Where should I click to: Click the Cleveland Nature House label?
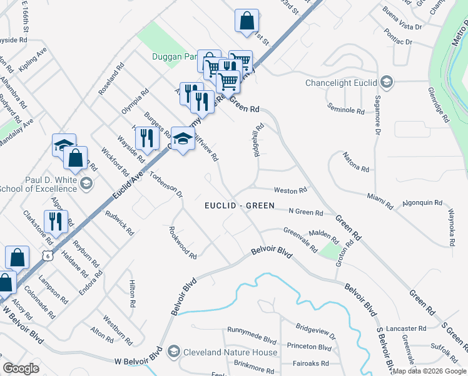click(230, 352)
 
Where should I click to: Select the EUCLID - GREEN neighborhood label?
click(240, 206)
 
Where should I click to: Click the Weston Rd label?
click(290, 190)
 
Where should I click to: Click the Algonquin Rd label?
click(422, 203)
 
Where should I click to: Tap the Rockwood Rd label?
click(183, 243)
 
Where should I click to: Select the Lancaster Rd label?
click(405, 328)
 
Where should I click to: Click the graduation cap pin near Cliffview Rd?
click(182, 140)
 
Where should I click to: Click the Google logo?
click(21, 368)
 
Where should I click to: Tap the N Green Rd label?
click(305, 212)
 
